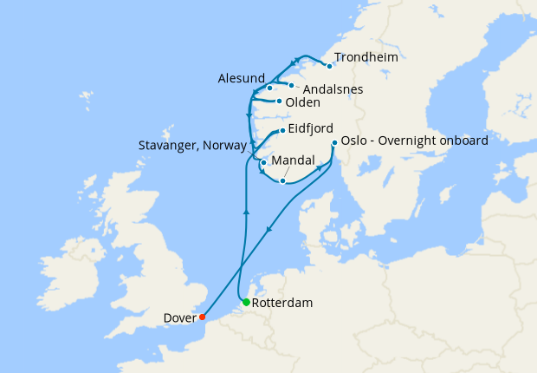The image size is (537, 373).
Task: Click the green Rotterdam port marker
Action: (247, 302)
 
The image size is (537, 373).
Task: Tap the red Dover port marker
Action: (202, 317)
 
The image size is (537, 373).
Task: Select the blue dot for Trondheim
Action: (329, 66)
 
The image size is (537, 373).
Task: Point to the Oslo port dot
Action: (334, 143)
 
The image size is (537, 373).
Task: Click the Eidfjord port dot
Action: (281, 131)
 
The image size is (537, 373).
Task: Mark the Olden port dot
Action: (279, 101)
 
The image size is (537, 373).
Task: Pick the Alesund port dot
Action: (270, 87)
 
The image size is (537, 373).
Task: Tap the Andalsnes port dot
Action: (291, 85)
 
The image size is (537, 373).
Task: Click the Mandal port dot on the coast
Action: (282, 180)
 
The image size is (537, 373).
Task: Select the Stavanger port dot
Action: (263, 162)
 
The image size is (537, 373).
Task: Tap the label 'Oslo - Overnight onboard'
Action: (415, 140)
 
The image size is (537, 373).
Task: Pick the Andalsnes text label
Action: (333, 88)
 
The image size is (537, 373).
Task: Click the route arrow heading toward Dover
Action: (269, 230)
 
